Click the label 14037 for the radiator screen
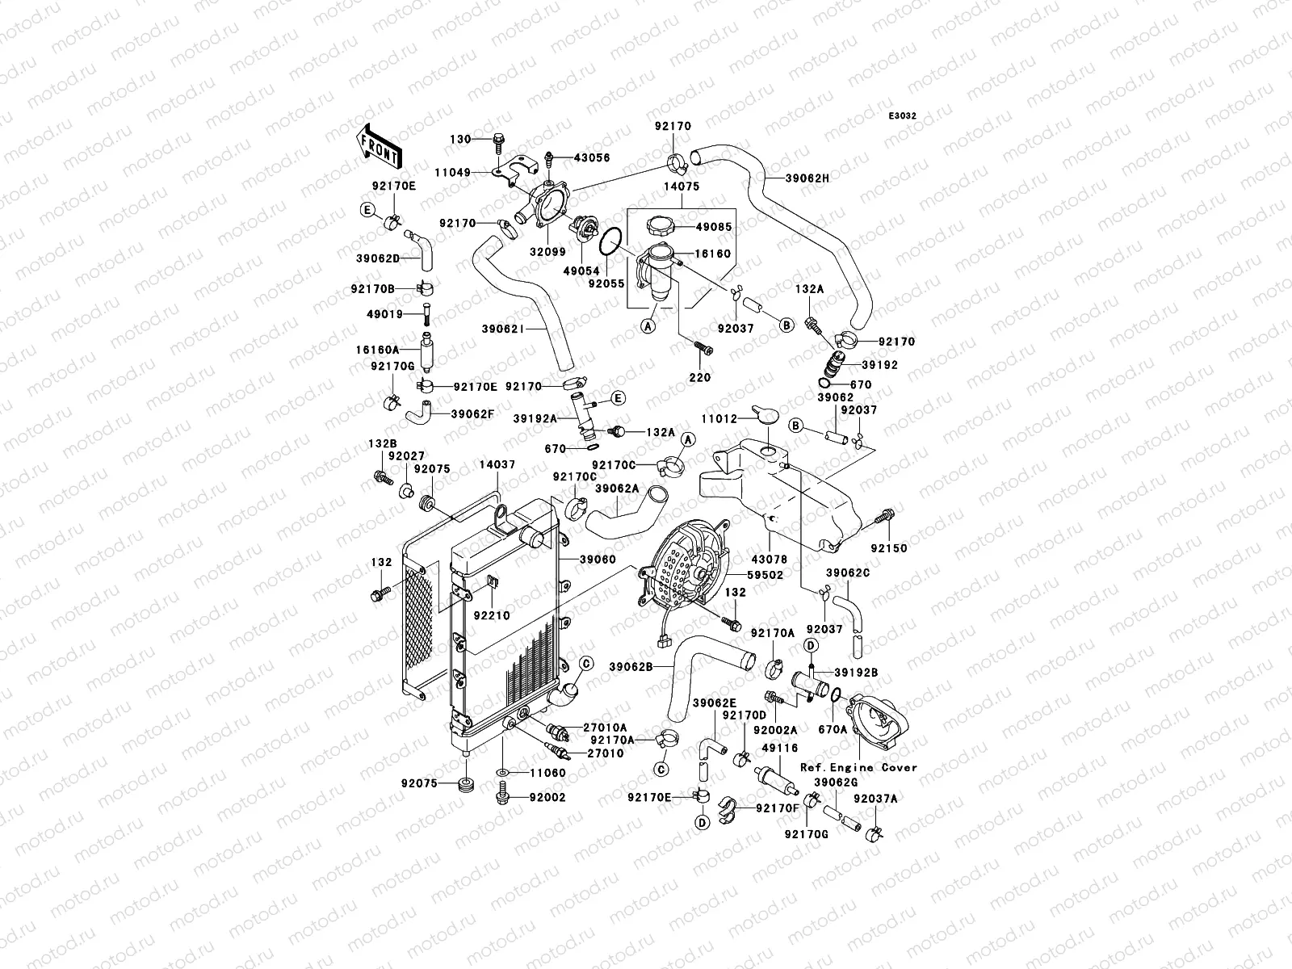pos(497,465)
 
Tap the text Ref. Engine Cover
pos(859,767)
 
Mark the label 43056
pos(593,158)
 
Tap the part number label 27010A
pos(605,728)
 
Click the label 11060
pos(548,773)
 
